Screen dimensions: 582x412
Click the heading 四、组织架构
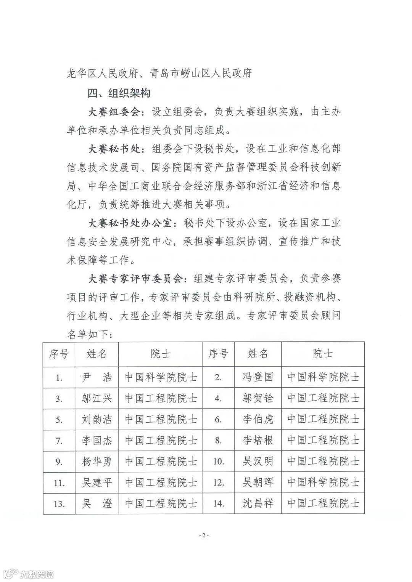pyautogui.click(x=119, y=93)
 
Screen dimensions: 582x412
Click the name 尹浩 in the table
pyautogui.click(x=97, y=378)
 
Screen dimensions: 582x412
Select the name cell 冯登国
pyautogui.click(x=258, y=378)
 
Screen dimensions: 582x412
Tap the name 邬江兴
pyautogui.click(x=97, y=399)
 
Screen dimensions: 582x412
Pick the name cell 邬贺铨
pyautogui.click(x=258, y=399)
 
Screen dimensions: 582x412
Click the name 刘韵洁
pyautogui.click(x=97, y=420)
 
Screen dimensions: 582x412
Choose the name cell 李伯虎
pyautogui.click(x=258, y=420)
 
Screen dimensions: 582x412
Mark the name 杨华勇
pyautogui.click(x=97, y=462)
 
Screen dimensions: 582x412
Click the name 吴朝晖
pyautogui.click(x=258, y=483)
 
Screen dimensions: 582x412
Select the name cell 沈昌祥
pyautogui.click(x=258, y=503)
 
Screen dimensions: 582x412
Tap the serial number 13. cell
pyautogui.click(x=59, y=504)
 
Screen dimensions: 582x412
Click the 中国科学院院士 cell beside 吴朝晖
pyautogui.click(x=323, y=483)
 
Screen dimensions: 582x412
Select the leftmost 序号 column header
pyautogui.click(x=59, y=354)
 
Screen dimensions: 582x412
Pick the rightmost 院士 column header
pyautogui.click(x=323, y=354)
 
